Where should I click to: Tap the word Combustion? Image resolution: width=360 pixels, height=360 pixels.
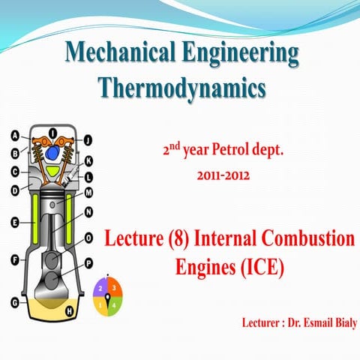tap(316, 241)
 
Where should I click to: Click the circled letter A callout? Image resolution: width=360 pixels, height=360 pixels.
tap(15, 136)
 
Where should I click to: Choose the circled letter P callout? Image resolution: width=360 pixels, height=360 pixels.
tap(89, 264)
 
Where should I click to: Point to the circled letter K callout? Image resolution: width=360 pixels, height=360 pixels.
tap(88, 161)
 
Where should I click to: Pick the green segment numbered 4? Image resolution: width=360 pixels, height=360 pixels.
tap(113, 304)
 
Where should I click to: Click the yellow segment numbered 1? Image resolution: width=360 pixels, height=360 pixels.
tap(100, 304)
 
